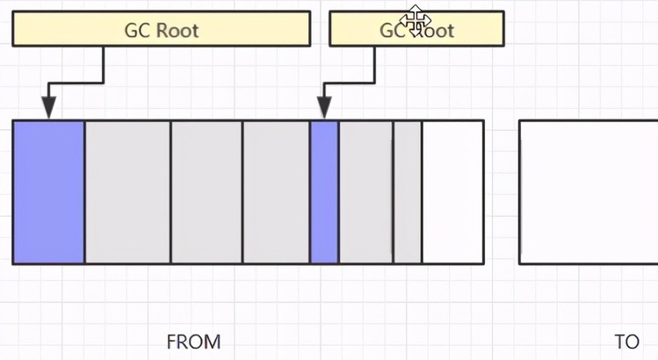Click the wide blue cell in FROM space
[x=48, y=191]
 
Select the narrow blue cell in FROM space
[x=324, y=191]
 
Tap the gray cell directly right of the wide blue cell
[x=127, y=191]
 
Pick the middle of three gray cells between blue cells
[x=206, y=191]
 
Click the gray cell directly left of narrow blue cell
[x=276, y=191]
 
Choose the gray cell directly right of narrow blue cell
[x=365, y=191]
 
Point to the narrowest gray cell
[x=408, y=191]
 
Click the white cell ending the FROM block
[x=452, y=191]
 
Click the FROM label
[x=193, y=341]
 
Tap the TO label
[x=627, y=342]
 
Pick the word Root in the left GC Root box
[x=177, y=31]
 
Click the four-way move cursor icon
[x=416, y=18]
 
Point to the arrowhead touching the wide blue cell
[x=48, y=109]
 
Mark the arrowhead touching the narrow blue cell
[x=324, y=109]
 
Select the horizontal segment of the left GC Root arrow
[x=76, y=83]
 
